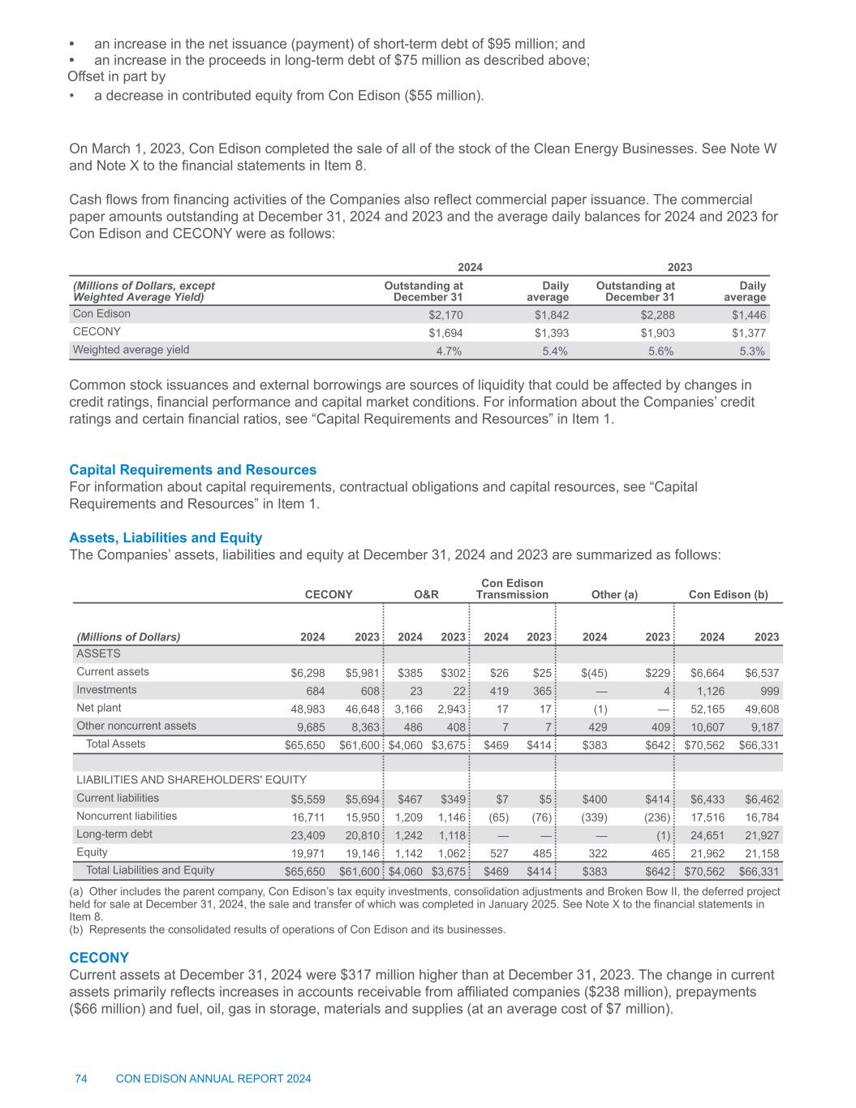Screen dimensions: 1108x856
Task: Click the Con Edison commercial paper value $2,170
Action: (x=445, y=315)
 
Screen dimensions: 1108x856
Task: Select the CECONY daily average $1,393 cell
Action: (x=551, y=333)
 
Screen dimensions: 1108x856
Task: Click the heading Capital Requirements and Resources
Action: (x=193, y=470)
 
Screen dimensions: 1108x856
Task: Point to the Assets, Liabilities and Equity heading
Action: (x=166, y=537)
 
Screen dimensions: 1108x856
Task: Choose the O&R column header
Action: (x=426, y=594)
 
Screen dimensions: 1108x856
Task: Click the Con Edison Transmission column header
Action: (x=512, y=588)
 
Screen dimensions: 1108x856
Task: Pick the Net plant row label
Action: (x=98, y=708)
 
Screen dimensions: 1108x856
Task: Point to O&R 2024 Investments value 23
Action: (x=415, y=691)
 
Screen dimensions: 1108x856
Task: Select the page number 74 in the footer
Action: (x=81, y=1079)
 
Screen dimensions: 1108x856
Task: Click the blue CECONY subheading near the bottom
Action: (x=99, y=958)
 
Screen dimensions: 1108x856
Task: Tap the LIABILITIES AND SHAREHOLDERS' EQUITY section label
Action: (x=191, y=780)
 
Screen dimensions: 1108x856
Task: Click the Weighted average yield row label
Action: (x=131, y=350)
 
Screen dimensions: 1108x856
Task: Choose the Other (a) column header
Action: (x=615, y=594)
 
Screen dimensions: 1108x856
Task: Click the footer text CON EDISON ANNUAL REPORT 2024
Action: (x=214, y=1079)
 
